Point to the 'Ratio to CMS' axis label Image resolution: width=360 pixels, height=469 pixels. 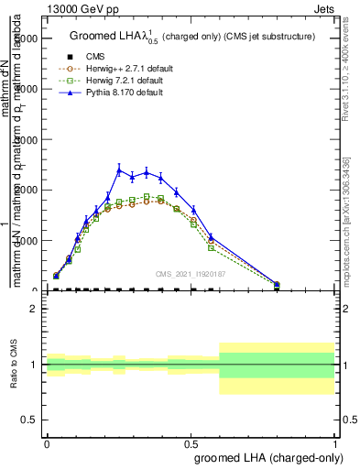point(14,364)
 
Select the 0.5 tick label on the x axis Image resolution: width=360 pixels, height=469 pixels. point(191,442)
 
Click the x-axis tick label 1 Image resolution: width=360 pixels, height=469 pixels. point(335,442)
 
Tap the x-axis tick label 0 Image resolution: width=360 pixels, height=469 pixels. point(47,442)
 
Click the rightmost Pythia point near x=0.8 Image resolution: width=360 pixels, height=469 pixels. point(277,284)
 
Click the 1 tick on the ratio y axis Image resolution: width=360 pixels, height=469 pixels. point(34,365)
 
